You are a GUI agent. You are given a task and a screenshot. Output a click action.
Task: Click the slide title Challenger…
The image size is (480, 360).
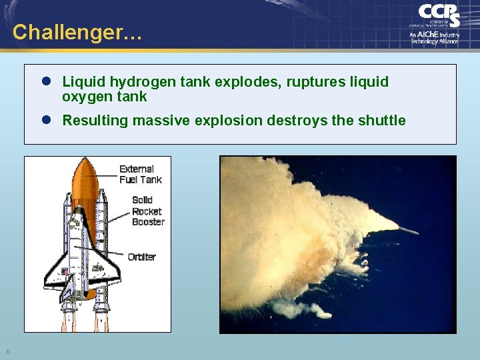pyautogui.click(x=77, y=31)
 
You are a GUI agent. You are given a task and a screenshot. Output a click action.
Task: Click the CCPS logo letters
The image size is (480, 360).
pyautogui.click(x=439, y=15)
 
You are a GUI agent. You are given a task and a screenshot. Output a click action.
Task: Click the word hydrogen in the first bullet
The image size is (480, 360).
pyautogui.click(x=139, y=82)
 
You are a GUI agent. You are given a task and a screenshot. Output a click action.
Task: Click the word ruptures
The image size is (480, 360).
pyautogui.click(x=294, y=82)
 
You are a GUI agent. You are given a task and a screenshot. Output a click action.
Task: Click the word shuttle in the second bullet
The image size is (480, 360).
pyautogui.click(x=382, y=121)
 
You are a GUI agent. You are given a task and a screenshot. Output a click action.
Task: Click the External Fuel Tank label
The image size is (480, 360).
pyautogui.click(x=140, y=174)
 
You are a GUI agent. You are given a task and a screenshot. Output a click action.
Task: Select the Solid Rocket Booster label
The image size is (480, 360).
pyautogui.click(x=147, y=211)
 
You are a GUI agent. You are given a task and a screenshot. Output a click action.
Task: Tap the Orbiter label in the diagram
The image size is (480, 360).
pyautogui.click(x=141, y=257)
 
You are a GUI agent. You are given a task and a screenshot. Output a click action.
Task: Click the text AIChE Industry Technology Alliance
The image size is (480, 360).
pyautogui.click(x=435, y=37)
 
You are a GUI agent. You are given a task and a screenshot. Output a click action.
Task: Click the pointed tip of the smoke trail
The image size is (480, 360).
pyautogui.click(x=415, y=233)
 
